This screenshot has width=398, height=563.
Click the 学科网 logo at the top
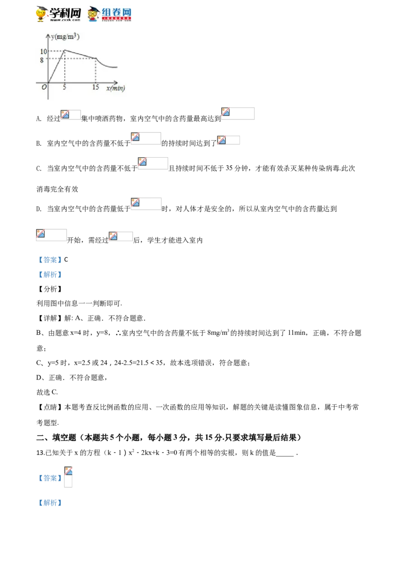pos(58,14)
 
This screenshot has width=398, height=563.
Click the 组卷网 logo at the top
pos(109,14)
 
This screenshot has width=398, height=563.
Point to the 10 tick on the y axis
pos(43,51)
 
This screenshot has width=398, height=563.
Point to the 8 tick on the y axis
pos(42,60)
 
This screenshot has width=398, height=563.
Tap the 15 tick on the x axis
pos(96,87)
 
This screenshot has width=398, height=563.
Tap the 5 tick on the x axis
pos(64,87)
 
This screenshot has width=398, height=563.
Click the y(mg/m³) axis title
pos(65,36)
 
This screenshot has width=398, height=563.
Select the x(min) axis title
pos(115,88)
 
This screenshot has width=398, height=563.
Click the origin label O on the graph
pos(44,87)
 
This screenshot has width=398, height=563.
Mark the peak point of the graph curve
pos(65,51)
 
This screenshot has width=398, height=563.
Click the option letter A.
pos(39,119)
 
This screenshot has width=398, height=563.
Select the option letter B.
pos(39,144)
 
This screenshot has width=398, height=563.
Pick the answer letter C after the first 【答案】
pos(66,260)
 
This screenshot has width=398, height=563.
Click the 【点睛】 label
pos(50,407)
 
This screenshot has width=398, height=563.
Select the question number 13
pos(40,453)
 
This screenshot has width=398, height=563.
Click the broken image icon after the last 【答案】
pos(68,470)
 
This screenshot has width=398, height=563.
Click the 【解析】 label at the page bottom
pos(50,503)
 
